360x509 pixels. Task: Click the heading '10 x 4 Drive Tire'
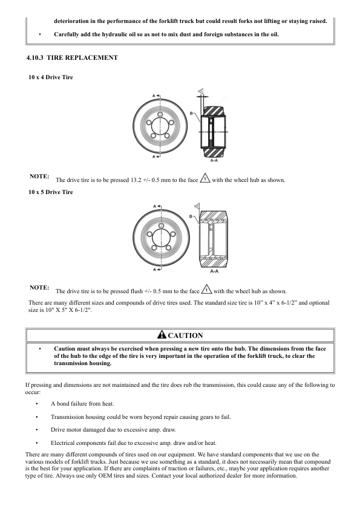click(51, 77)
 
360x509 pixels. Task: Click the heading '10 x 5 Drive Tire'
click(51, 192)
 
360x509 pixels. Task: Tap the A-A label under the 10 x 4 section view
click(214, 161)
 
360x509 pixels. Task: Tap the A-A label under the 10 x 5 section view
click(214, 271)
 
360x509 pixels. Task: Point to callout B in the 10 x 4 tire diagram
click(191, 113)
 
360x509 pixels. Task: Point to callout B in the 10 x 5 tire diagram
click(191, 216)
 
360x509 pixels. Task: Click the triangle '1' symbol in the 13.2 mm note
click(205, 180)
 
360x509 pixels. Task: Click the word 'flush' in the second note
click(138, 291)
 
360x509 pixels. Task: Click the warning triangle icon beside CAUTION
click(161, 336)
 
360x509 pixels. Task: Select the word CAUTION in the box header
click(185, 336)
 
